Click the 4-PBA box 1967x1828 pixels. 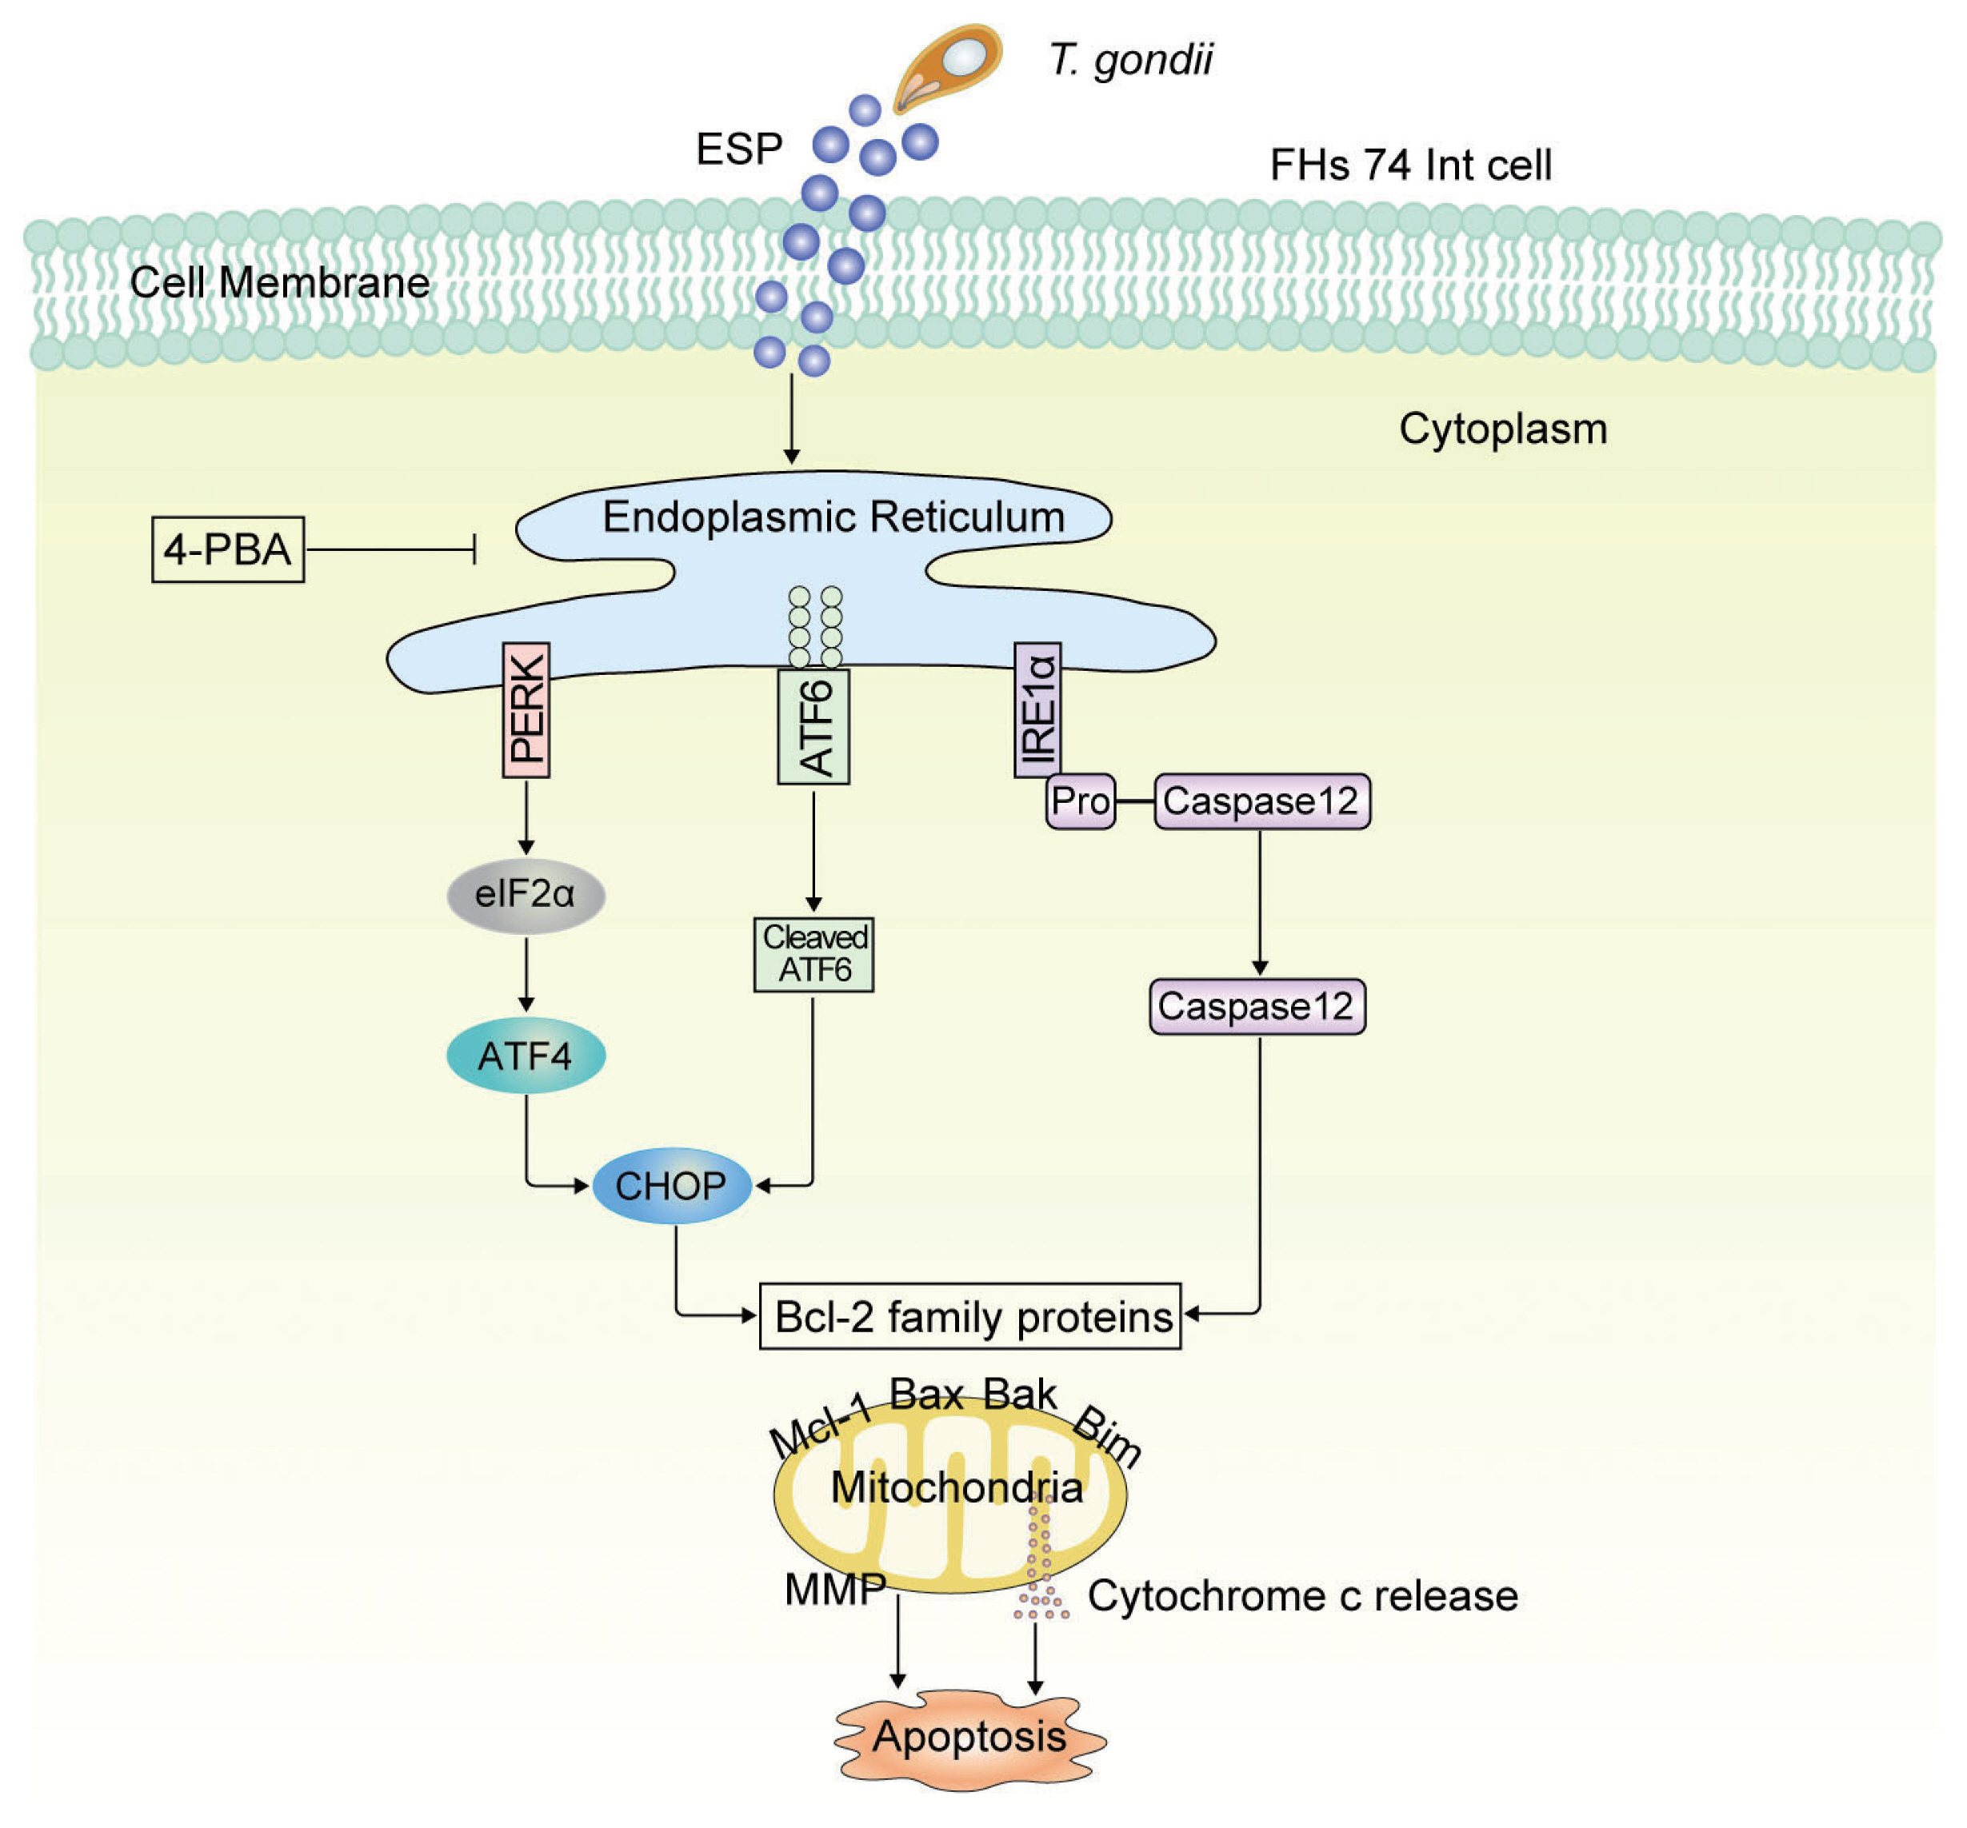[227, 549]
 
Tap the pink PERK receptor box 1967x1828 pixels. [526, 710]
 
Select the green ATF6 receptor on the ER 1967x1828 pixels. [814, 727]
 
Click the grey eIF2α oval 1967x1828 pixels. [526, 894]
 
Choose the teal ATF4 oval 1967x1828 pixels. [526, 1056]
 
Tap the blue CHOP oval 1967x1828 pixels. [672, 1185]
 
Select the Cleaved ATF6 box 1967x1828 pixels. [814, 953]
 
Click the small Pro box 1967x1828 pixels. [1081, 800]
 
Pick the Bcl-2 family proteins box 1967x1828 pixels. [970, 1316]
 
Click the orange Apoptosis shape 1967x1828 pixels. [970, 1737]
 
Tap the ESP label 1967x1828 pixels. [739, 150]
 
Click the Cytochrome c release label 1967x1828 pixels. [1302, 1595]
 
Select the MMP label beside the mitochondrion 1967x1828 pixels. [834, 1590]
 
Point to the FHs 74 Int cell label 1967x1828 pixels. [1410, 166]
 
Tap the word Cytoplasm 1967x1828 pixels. [1502, 429]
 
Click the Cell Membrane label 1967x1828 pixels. [280, 283]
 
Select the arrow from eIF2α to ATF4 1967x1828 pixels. [526, 973]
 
